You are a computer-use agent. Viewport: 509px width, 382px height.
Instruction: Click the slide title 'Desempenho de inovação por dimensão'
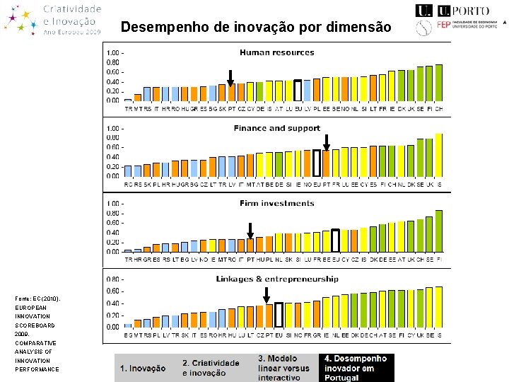pos(255,28)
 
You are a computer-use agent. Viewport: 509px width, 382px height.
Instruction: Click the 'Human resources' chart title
pos(276,52)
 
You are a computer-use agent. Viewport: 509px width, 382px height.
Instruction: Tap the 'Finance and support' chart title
pos(276,128)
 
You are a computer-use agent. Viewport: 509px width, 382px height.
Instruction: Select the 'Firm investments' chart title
pos(276,204)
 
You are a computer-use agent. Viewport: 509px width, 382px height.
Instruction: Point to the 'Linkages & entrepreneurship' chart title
pos(276,279)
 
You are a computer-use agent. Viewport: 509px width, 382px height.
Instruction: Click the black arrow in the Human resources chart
pos(230,78)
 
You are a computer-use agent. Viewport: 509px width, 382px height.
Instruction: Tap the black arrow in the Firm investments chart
pos(250,231)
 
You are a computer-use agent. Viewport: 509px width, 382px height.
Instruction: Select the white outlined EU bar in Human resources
pos(298,91)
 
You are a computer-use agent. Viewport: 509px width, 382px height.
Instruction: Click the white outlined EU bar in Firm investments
pos(335,241)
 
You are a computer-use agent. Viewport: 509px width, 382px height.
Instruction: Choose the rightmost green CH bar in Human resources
pos(439,83)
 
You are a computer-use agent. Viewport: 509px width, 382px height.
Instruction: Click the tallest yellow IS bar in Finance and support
pos(439,154)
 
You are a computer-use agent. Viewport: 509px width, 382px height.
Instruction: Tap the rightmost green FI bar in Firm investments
pos(439,231)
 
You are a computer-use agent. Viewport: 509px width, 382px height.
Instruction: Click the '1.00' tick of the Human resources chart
pos(112,53)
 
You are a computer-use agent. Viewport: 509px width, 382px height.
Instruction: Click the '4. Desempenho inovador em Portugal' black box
pos(356,368)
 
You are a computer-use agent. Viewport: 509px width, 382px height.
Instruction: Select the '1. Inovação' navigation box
pos(143,368)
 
